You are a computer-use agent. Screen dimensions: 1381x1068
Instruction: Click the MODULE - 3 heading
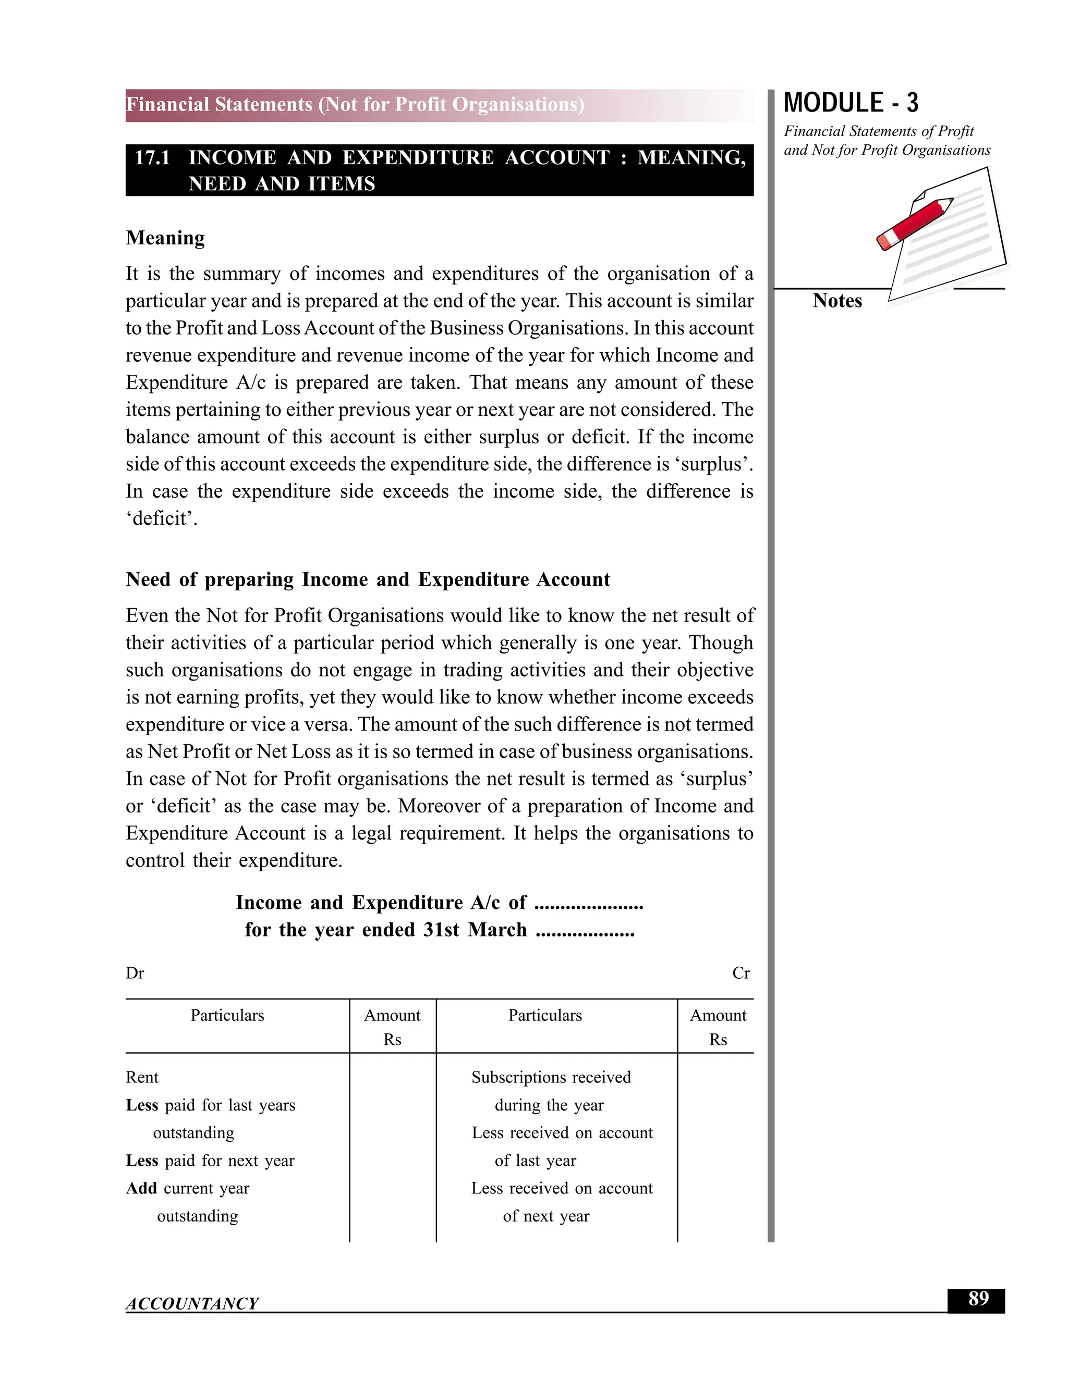[851, 103]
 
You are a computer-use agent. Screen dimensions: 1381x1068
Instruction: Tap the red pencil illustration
[915, 224]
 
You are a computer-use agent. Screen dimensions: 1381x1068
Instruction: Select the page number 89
[978, 1299]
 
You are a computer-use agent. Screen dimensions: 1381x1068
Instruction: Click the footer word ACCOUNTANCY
[192, 1303]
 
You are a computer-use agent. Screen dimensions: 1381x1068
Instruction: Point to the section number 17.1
[152, 157]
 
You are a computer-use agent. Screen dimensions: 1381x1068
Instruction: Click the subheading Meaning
[165, 238]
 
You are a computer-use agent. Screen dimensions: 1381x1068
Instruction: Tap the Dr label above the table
[135, 973]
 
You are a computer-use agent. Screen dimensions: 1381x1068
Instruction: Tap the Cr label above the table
[741, 973]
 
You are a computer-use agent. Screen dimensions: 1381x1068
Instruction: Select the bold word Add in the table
[141, 1188]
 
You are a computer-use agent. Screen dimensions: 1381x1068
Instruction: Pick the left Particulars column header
[227, 1016]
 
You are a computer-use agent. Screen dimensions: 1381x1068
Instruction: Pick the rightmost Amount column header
[718, 1016]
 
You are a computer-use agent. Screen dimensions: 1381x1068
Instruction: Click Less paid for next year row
[210, 1161]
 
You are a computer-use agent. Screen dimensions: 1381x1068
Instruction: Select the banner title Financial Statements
[354, 104]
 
